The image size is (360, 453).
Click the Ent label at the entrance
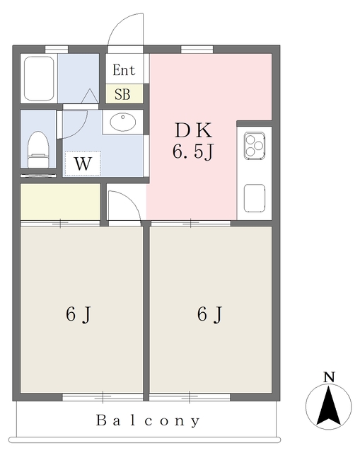[124, 70]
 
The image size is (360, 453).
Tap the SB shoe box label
[122, 94]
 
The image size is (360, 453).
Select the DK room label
[193, 130]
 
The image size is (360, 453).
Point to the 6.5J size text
[193, 151]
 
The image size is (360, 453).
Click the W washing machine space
[83, 164]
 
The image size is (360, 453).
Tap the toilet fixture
[37, 149]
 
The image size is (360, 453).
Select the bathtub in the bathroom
[39, 79]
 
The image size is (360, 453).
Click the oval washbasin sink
[122, 122]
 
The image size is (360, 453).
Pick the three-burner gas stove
[255, 146]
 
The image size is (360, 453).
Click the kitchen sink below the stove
[255, 198]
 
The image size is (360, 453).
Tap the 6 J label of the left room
[79, 314]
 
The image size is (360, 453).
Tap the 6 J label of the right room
[210, 314]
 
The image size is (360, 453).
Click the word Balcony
[148, 420]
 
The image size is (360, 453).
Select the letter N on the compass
[329, 377]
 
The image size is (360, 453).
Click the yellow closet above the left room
[60, 202]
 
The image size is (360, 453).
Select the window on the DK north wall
[197, 50]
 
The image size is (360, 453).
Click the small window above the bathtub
[57, 49]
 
